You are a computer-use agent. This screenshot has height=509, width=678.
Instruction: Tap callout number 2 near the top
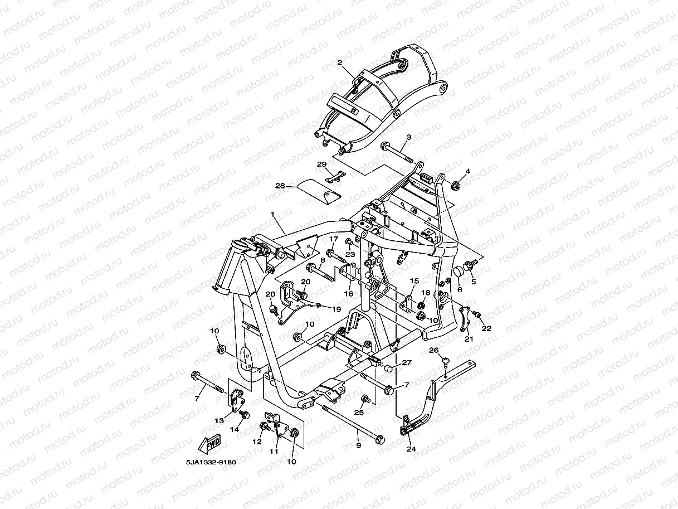pos(339,63)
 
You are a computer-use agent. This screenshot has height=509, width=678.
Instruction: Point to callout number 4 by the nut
pos(468,171)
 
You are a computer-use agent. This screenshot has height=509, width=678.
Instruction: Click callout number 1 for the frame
pos(273,214)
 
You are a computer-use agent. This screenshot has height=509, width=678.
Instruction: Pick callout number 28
pos(280,186)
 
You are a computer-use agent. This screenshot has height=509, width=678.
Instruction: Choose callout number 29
pos(321,164)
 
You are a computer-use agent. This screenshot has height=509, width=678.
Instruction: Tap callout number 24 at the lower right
pos(411,449)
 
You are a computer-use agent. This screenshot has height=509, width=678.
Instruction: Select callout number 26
pos(434,350)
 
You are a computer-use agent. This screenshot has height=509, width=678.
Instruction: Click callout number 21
pos(469,338)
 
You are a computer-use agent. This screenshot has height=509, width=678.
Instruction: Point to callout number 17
pos(333,239)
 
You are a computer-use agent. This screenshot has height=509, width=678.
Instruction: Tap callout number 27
pos(407,362)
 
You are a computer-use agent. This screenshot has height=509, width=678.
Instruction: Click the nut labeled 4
pos(455,185)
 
